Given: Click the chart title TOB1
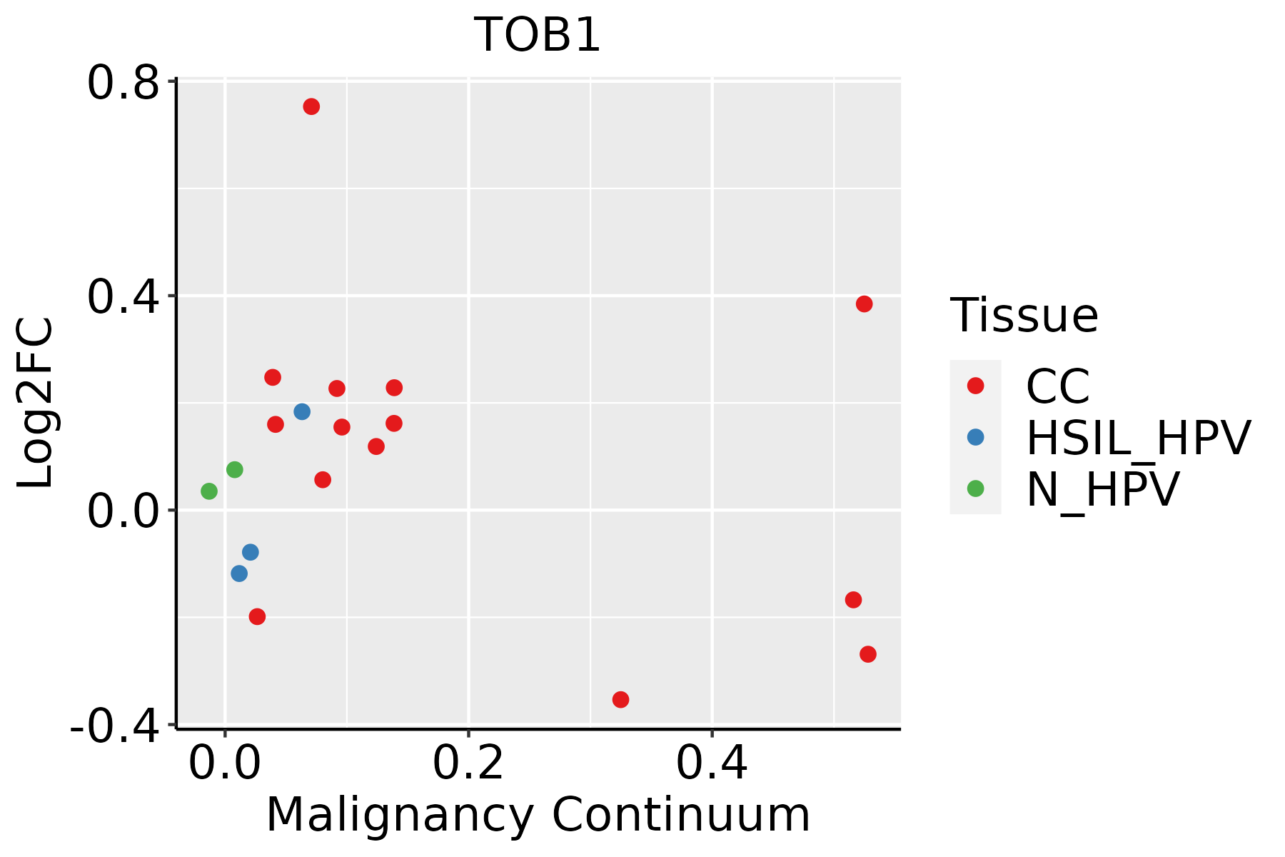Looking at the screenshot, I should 537,35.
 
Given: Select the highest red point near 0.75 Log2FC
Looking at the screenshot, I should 311,107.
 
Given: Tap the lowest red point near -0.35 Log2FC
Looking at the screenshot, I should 620,699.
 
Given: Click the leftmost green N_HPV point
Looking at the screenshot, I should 209,491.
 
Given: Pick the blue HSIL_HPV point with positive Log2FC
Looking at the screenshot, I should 302,411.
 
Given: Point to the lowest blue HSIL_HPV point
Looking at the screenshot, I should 240,573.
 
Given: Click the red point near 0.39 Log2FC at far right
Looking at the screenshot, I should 864,304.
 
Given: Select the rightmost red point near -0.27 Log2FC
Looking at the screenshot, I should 868,654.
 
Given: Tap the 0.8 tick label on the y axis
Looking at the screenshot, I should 122,84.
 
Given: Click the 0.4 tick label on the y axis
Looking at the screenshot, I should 122,298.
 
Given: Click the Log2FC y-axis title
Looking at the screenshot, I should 36,403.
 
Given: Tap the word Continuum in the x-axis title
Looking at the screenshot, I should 681,815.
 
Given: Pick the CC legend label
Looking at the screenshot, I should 1058,386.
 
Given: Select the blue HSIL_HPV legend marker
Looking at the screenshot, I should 975,437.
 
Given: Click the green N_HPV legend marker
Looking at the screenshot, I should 975,488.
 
